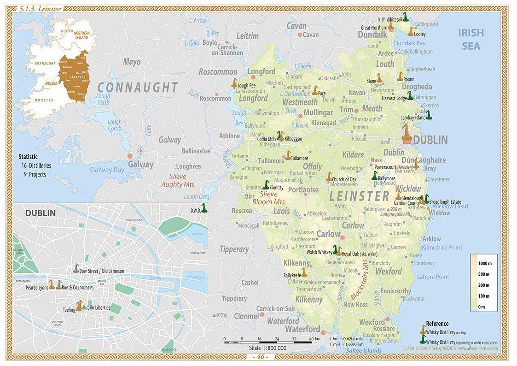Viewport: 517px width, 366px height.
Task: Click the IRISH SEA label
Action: click(x=471, y=39)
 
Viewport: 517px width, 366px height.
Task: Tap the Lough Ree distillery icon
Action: click(x=234, y=83)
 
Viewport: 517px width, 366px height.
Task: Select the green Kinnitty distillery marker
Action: click(x=266, y=185)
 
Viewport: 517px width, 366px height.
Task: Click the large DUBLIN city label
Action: click(x=430, y=140)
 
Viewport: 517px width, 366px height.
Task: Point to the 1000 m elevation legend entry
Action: click(x=483, y=263)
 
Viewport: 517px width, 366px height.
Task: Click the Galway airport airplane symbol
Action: click(x=140, y=152)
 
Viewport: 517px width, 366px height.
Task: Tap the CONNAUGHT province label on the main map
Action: click(x=137, y=88)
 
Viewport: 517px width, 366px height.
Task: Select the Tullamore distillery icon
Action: click(x=288, y=155)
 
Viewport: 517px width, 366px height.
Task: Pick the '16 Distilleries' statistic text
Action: click(x=36, y=165)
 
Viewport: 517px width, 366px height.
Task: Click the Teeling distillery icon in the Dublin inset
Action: click(x=79, y=306)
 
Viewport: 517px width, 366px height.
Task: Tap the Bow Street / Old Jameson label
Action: click(x=101, y=271)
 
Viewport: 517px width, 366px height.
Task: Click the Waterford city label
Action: click(x=302, y=329)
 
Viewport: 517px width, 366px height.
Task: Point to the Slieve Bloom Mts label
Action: click(x=269, y=198)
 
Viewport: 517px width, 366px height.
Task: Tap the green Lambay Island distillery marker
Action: click(x=429, y=115)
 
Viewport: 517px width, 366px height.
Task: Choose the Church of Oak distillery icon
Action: click(x=329, y=177)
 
